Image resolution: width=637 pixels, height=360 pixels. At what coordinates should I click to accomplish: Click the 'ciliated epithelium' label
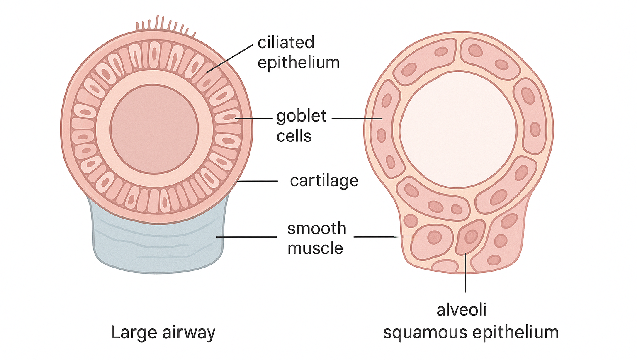click(298, 52)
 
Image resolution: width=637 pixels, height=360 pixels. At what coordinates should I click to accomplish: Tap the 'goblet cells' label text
click(301, 126)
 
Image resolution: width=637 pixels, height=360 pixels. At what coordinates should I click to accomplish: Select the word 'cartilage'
click(324, 180)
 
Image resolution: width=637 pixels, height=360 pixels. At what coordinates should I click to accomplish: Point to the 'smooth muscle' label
click(316, 238)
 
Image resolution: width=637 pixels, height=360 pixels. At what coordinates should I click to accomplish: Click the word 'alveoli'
click(462, 310)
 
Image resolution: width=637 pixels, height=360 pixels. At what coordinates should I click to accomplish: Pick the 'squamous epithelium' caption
click(471, 333)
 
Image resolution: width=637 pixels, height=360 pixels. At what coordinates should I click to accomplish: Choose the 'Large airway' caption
click(163, 333)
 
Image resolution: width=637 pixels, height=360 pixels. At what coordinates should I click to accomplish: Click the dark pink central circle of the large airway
click(154, 129)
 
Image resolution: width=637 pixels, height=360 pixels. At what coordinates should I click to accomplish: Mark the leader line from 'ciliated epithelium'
click(229, 58)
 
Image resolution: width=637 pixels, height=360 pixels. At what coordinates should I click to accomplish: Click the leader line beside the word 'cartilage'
click(257, 181)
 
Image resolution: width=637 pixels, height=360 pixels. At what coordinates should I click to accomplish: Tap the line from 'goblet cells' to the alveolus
click(357, 119)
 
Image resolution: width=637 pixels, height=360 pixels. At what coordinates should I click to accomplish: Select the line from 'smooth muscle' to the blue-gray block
click(246, 237)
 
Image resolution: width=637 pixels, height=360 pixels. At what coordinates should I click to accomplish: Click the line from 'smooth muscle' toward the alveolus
click(373, 237)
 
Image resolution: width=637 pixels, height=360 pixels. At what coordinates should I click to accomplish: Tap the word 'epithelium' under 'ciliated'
click(299, 63)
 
